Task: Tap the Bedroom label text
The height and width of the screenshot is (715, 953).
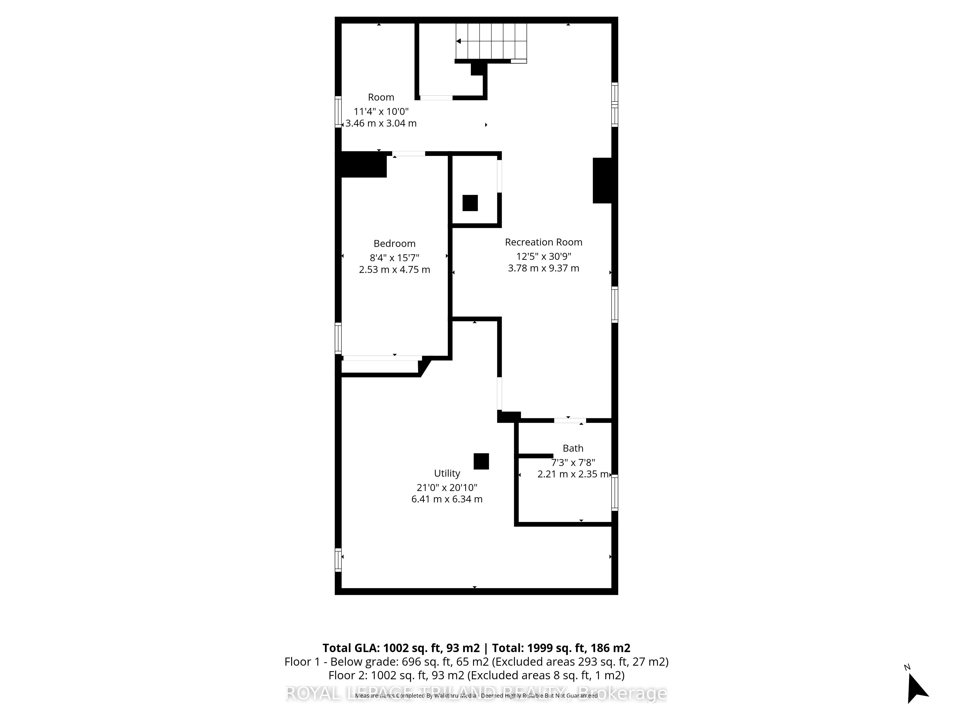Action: click(394, 244)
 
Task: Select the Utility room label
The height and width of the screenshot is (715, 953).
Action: click(447, 473)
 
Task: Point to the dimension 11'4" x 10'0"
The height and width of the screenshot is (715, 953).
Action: click(381, 111)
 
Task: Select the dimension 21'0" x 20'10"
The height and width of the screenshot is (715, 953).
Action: click(447, 487)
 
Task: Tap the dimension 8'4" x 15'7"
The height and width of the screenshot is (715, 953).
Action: click(394, 258)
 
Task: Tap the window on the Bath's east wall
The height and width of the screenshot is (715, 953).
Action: click(615, 493)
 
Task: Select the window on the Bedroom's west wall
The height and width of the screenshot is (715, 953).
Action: click(338, 338)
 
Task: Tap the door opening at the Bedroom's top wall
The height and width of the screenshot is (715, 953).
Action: click(408, 153)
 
